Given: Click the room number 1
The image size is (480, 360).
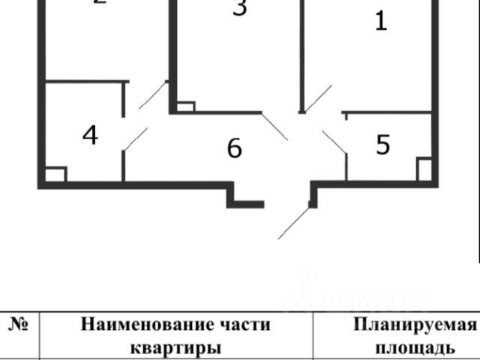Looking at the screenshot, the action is point(381,21).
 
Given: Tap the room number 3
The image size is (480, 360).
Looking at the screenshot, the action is point(239,9).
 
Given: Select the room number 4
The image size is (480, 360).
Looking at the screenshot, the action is point(90,136).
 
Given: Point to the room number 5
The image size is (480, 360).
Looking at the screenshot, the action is point(383,145).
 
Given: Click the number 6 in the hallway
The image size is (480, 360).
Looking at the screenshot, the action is point(235,148).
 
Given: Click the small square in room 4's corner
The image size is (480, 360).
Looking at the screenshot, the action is point(55,175).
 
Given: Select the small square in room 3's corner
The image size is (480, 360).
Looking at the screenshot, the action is point(185,106).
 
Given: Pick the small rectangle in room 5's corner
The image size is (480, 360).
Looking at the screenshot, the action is point(424,169).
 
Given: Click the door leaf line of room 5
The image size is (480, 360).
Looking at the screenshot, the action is point(334,142).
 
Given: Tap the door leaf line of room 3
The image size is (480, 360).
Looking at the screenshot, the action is point(274,127).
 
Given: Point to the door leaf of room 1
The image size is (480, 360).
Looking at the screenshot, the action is point(317,98).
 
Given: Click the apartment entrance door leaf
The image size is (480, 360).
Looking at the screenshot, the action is point(293,223).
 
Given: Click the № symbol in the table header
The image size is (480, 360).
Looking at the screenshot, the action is point(19,325).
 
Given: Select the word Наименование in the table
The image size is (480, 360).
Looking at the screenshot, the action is point(149,325).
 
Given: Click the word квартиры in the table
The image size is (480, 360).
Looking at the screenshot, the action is point(175,348).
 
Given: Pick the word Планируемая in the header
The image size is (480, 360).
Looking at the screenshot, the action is point(415,325).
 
